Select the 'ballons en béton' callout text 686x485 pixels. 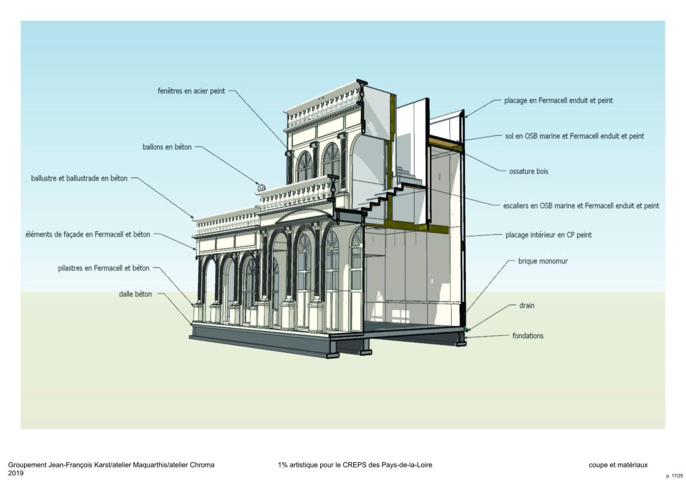point(167,147)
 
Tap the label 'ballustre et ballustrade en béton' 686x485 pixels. point(79,178)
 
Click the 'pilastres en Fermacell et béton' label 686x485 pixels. point(103,267)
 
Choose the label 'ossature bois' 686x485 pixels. point(528,171)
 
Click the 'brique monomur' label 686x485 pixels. point(543,260)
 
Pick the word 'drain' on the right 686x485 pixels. point(527,306)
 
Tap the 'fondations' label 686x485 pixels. point(528,336)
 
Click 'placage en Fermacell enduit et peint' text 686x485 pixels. point(558,101)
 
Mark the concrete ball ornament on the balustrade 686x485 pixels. point(261,187)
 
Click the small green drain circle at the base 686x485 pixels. point(467,330)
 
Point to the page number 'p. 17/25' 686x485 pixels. point(675,475)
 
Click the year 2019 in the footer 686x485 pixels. point(16,474)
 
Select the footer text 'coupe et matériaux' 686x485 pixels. point(618,465)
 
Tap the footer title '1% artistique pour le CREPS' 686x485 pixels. point(355,465)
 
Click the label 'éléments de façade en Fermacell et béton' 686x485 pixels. point(87,234)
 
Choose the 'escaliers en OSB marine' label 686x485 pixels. point(581,205)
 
